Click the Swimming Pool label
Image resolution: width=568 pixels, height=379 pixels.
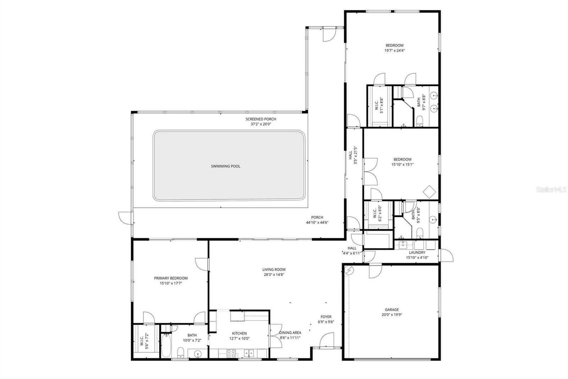coord(225,166)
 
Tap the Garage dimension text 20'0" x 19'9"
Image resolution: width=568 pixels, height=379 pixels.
coord(392,315)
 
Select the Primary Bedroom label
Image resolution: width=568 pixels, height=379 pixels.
coord(171,278)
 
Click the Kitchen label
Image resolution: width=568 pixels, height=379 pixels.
coord(239,333)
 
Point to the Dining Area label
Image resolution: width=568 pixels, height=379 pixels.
coord(290,333)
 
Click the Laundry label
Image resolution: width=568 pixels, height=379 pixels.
coord(417,253)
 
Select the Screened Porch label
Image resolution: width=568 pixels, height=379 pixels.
coord(261,119)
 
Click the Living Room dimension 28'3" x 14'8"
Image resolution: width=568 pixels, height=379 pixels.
coord(274,274)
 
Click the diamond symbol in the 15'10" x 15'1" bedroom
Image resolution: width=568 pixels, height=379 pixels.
coord(429,192)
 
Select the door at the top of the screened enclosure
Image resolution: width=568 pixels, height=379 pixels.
coord(328,34)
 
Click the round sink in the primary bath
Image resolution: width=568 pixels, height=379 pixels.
coord(198,353)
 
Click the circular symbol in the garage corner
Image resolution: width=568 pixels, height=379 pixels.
coord(349,271)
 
